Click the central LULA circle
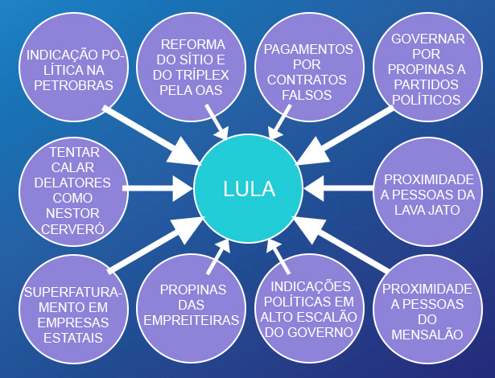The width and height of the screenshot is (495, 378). point(249,190)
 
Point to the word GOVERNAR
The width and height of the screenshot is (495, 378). point(428,39)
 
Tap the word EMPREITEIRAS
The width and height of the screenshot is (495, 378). point(191,320)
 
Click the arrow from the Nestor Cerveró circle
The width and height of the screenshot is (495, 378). point(158,190)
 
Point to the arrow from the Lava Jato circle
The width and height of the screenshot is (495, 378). point(342,190)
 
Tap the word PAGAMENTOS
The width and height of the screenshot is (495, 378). point(307,50)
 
